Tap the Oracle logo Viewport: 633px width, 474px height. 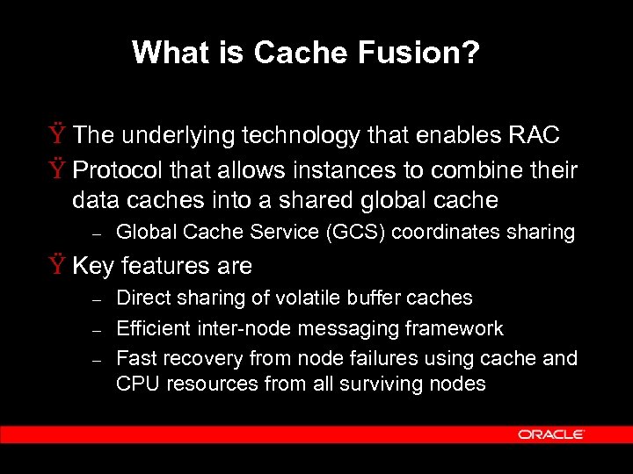pyautogui.click(x=551, y=434)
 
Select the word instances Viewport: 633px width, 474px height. pyautogui.click(x=321, y=169)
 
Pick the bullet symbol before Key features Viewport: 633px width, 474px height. pyautogui.click(x=59, y=265)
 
